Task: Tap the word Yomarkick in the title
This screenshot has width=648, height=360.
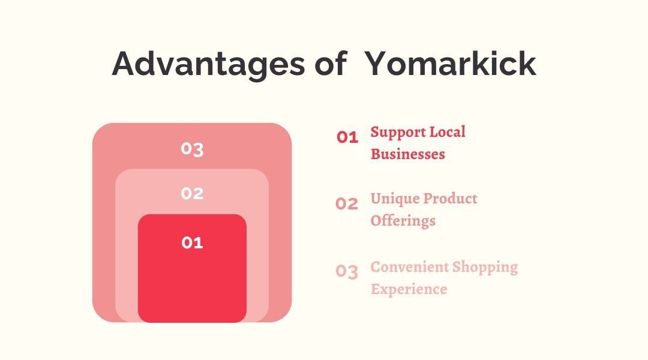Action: pos(451,64)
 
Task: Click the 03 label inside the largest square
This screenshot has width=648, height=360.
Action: pos(192,149)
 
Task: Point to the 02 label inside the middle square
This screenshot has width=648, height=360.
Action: pos(192,194)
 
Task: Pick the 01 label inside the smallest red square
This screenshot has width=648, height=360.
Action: pos(192,243)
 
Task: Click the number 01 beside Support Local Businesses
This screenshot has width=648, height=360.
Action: pos(347,137)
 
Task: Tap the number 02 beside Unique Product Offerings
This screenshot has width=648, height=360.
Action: pos(347,204)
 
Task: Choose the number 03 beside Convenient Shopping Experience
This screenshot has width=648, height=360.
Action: pos(347,272)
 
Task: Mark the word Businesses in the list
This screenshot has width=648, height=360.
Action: pos(407,154)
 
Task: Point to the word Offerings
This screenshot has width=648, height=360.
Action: pos(403,221)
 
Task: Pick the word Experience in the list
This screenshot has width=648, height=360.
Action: pos(409,290)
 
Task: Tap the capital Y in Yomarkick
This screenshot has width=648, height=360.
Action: pos(376,64)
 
